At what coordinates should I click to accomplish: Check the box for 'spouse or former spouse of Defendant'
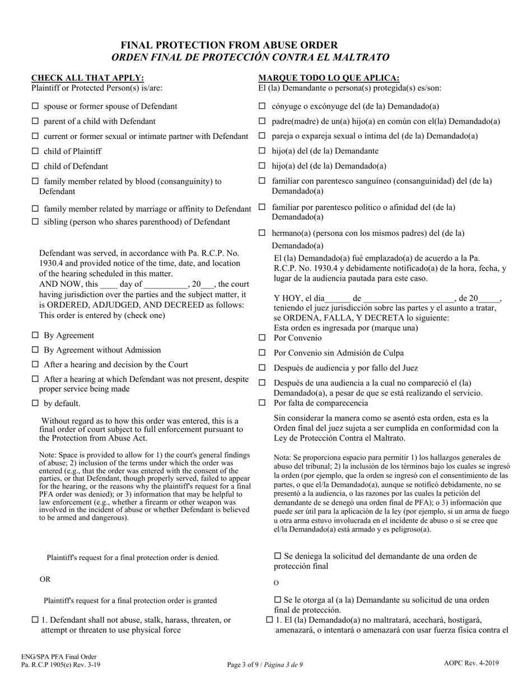click(35, 106)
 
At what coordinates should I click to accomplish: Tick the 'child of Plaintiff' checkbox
click(35, 151)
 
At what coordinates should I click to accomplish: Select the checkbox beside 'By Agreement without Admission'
click(35, 350)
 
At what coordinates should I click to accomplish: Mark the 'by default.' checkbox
click(35, 403)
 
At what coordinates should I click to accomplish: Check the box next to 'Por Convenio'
click(262, 338)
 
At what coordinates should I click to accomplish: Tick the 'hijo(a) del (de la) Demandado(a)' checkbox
click(262, 166)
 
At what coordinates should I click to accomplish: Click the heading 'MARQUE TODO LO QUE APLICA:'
click(329, 78)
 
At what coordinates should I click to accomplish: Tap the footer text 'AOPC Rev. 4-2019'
click(472, 663)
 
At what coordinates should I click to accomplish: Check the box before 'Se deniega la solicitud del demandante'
click(278, 556)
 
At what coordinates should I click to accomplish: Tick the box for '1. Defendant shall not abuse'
click(35, 620)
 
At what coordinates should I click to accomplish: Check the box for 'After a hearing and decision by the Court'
click(35, 364)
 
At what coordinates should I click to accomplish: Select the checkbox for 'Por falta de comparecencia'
click(262, 403)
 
